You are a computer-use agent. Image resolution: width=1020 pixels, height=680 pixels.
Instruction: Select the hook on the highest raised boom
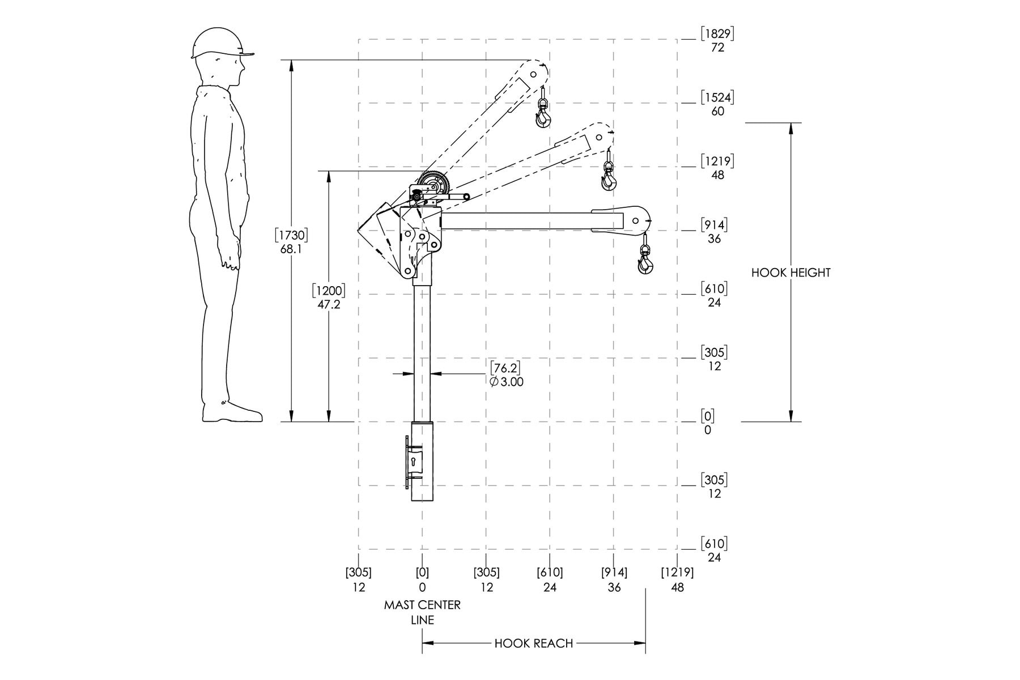543,116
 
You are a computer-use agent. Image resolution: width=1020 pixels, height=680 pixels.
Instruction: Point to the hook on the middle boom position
609,179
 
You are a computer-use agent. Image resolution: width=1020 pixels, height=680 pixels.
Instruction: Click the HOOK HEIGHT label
790,273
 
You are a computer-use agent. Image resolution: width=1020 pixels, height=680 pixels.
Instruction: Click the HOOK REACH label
534,643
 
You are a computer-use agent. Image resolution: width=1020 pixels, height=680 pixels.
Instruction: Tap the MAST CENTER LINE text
422,612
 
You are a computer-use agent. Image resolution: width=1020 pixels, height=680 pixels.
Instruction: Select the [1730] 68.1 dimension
291,241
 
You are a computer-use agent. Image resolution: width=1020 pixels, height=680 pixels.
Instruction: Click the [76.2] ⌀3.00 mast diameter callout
506,374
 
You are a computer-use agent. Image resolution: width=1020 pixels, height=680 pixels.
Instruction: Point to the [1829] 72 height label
717,40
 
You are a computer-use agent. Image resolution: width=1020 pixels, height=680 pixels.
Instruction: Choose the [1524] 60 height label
717,104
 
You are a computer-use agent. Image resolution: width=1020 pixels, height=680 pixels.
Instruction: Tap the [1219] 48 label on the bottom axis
677,580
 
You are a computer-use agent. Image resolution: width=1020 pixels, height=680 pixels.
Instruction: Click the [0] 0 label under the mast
422,580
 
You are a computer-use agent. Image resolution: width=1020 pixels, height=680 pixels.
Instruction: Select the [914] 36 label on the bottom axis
614,580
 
